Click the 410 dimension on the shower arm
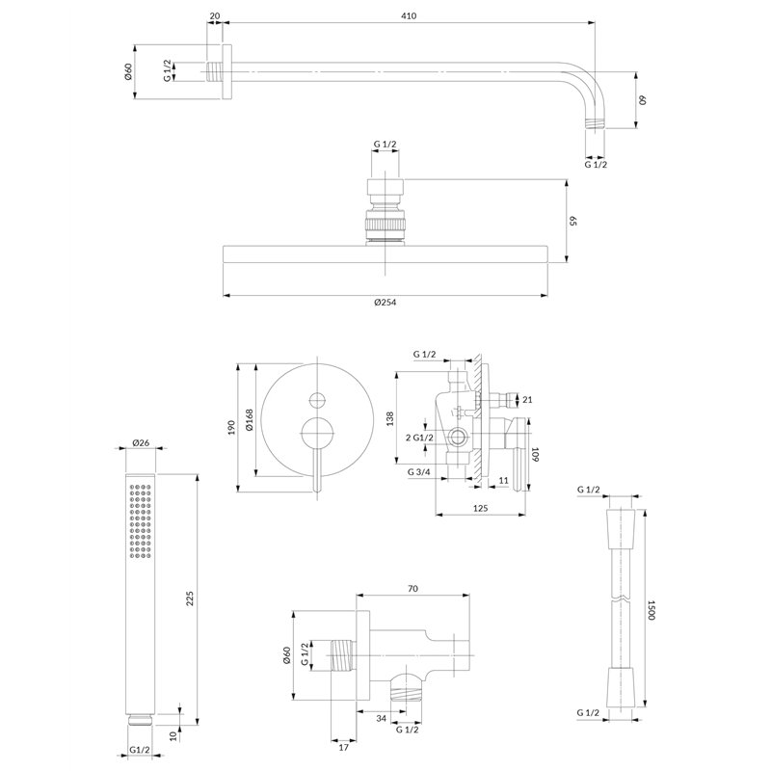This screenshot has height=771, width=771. tap(409, 15)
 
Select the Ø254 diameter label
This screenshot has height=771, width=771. tap(385, 303)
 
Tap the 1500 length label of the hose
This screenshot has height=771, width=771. tap(651, 609)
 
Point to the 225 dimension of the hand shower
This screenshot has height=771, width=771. tap(190, 598)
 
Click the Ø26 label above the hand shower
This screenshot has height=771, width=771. tap(141, 442)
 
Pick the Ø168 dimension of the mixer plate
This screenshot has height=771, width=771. tap(249, 420)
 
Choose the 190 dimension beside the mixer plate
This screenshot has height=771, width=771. tap(231, 427)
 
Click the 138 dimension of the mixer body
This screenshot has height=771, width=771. tap(390, 418)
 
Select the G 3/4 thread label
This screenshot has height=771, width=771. tap(419, 472)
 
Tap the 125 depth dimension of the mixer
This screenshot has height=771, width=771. tap(480, 508)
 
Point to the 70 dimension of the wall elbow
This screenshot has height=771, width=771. tap(412, 589)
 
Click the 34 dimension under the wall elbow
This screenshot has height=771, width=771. tap(381, 718)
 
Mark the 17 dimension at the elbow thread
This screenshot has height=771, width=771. tap(344, 748)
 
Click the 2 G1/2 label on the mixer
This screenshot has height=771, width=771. tap(419, 438)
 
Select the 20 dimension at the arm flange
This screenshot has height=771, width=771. tap(215, 15)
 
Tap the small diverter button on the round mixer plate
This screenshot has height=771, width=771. tap(318, 400)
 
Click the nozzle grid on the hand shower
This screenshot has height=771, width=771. tap(141, 521)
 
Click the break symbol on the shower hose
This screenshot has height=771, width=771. tap(622, 598)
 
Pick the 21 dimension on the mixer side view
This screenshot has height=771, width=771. tap(527, 400)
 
